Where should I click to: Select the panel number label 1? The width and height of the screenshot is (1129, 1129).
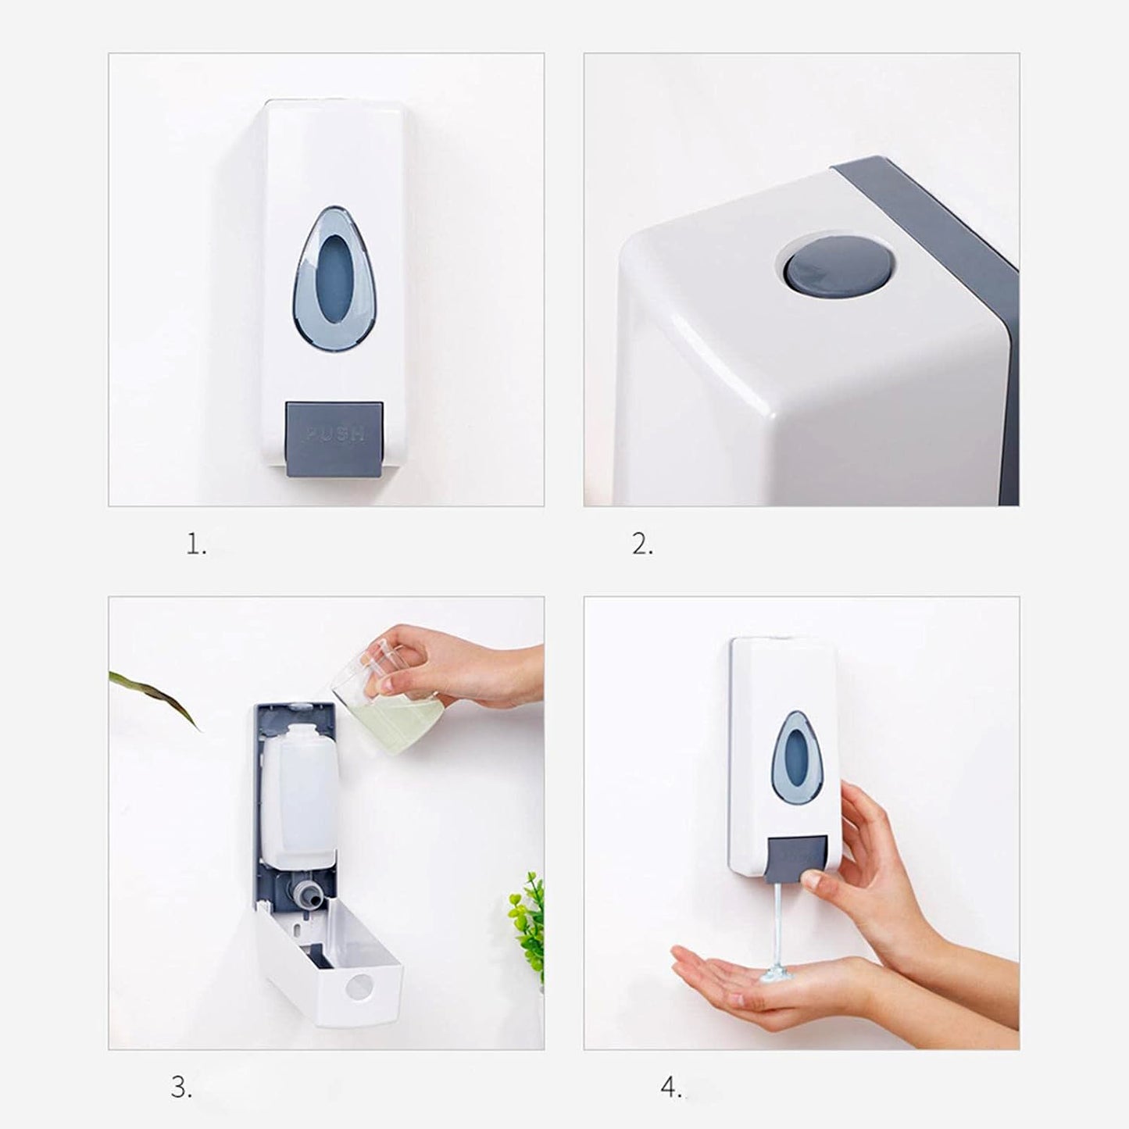pos(196,545)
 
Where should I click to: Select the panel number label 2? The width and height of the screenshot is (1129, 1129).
pos(641,545)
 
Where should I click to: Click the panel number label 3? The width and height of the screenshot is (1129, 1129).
pos(180,1088)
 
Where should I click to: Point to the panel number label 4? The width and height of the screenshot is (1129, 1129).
pos(670,1088)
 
